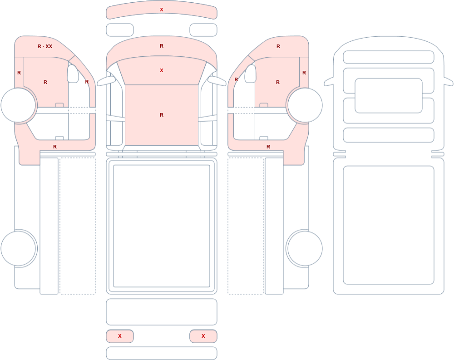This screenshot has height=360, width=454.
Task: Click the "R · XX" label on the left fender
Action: point(45,46)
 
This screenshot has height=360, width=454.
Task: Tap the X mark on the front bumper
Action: point(162,10)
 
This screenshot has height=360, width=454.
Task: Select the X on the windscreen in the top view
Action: point(162,70)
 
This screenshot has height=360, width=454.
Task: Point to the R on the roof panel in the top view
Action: point(162,115)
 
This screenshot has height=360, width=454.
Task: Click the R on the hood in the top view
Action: point(162,46)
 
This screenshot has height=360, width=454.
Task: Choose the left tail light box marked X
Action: point(120,336)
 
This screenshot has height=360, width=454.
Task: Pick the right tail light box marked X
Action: point(203,336)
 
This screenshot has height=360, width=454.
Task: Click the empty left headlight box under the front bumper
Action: point(120,30)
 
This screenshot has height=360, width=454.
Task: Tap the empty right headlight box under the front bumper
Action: point(203,30)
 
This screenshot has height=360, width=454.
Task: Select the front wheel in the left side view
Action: point(18,105)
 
